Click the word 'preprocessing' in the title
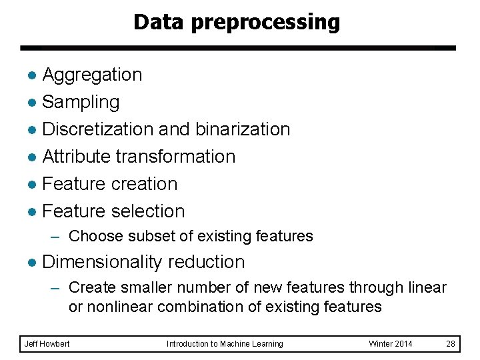pyautogui.click(x=265, y=22)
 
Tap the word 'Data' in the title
pyautogui.click(x=159, y=22)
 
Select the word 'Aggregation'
pyautogui.click(x=92, y=75)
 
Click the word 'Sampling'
pyautogui.click(x=81, y=102)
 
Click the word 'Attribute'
pyautogui.click(x=77, y=156)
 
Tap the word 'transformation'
pyautogui.click(x=176, y=156)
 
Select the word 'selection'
pyautogui.click(x=150, y=211)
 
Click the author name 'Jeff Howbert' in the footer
pyautogui.click(x=47, y=344)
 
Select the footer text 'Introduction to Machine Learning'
pyautogui.click(x=225, y=344)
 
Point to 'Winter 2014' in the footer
pyautogui.click(x=391, y=344)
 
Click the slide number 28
pyautogui.click(x=450, y=344)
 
